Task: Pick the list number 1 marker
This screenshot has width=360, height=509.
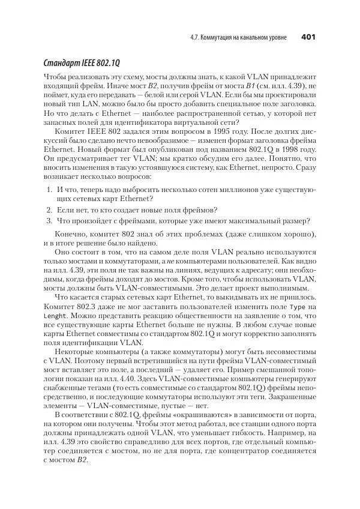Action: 49,190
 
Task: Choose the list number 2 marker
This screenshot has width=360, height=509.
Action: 49,209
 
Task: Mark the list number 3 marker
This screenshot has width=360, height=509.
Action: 49,220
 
